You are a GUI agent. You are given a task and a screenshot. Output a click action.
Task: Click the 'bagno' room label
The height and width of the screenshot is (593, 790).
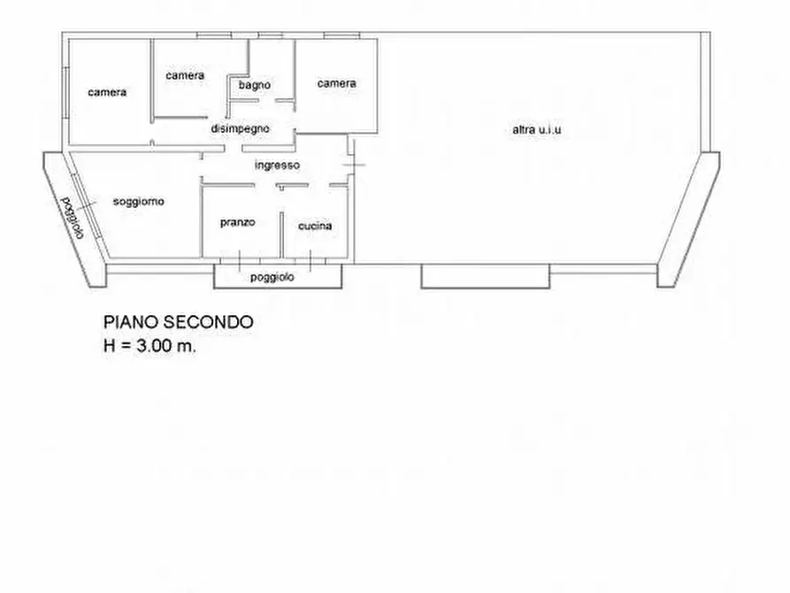[255, 85]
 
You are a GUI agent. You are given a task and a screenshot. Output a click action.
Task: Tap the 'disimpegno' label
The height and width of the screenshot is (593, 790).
[240, 128]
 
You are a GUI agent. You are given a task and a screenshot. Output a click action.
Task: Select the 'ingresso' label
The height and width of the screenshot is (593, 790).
[277, 166]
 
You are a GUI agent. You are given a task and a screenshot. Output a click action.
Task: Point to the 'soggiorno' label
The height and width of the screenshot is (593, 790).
[139, 202]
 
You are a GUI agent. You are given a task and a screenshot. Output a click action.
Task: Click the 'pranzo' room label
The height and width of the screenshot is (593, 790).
[237, 222]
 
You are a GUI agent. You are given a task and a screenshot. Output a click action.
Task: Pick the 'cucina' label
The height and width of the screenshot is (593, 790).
[315, 226]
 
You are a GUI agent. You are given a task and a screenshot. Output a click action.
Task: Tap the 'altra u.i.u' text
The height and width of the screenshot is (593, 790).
[537, 129]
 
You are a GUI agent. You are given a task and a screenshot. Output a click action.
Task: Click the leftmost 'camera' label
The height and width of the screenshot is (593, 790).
[107, 92]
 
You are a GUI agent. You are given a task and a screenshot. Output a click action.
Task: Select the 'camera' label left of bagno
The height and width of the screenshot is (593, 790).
[185, 75]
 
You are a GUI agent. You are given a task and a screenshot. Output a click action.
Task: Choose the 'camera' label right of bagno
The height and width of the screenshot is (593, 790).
[336, 83]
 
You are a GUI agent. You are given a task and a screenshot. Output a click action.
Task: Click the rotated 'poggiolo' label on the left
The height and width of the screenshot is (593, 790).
[73, 218]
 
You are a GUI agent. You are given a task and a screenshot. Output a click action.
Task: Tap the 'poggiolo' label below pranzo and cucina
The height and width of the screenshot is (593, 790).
[272, 277]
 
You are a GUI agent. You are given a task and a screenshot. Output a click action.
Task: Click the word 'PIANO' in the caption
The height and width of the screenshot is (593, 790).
[131, 322]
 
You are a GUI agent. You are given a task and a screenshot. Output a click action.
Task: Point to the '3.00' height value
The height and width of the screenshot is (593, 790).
[152, 346]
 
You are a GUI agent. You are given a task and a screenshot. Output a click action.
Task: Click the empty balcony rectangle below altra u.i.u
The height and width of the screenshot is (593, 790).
[485, 276]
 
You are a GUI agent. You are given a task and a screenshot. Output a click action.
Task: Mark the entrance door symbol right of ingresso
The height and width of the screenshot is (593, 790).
[352, 158]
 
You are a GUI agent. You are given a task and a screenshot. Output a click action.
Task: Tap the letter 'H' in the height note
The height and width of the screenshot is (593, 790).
[110, 346]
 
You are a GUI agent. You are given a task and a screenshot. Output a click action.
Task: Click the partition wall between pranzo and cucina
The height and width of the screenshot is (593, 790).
[281, 235]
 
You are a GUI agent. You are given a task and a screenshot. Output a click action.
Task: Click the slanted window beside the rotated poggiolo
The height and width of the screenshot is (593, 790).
[86, 205]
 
